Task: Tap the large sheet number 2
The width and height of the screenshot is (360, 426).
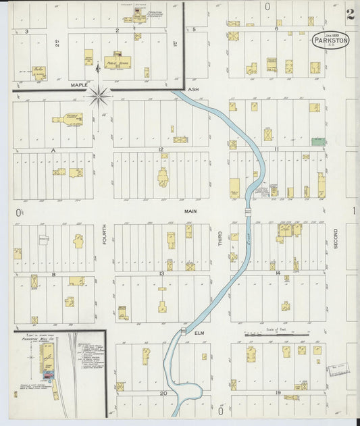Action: pyautogui.click(x=349, y=14)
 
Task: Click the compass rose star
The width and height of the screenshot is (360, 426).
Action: pyautogui.click(x=99, y=96)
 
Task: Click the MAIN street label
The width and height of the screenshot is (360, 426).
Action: pyautogui.click(x=190, y=211)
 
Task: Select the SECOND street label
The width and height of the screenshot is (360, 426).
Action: pyautogui.click(x=335, y=238)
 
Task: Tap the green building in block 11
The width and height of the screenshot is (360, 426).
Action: pyautogui.click(x=317, y=142)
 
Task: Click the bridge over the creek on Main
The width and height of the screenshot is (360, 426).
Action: pyautogui.click(x=249, y=211)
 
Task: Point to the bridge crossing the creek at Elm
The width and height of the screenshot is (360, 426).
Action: pyautogui.click(x=183, y=331)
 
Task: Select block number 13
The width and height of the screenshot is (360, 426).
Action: pyautogui.click(x=162, y=273)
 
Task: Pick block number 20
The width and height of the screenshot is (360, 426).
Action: pyautogui.click(x=163, y=393)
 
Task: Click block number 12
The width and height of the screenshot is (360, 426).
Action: pyautogui.click(x=161, y=149)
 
